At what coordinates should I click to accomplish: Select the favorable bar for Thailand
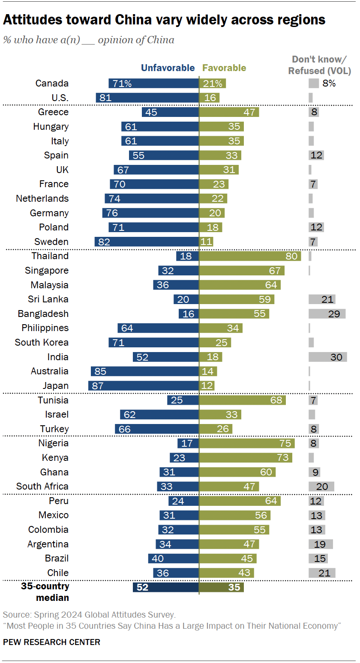point(250,256)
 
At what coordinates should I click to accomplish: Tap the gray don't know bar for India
point(327,357)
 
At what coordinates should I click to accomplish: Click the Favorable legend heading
point(224,68)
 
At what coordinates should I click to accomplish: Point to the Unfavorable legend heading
point(168,68)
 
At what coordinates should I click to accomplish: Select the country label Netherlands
point(42,198)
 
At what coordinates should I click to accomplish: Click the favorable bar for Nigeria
point(247,443)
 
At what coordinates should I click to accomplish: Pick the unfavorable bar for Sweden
point(147,242)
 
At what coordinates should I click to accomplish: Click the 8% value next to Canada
point(329,84)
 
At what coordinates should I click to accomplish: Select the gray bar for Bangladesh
point(327,314)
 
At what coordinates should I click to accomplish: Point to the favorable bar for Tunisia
point(242,400)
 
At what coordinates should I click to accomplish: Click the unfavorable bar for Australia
point(144,371)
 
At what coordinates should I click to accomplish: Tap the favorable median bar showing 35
point(221,587)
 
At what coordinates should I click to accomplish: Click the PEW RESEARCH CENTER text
point(51,642)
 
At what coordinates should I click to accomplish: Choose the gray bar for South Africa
point(321,487)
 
